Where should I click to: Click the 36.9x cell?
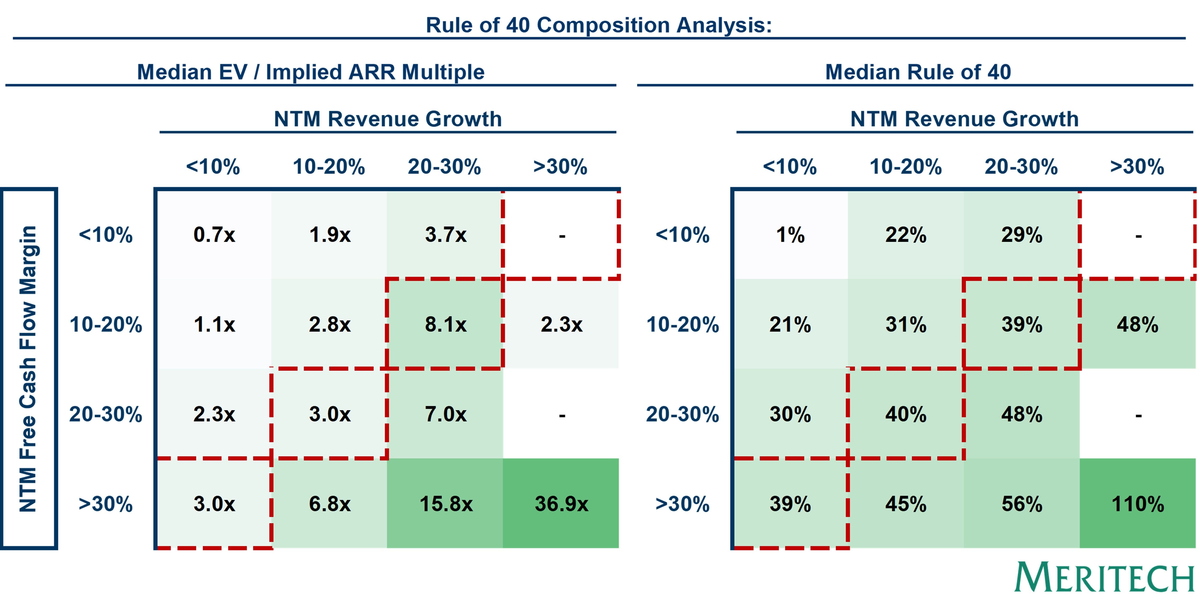click(x=561, y=504)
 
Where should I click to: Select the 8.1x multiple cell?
click(x=445, y=324)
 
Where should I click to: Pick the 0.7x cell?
click(x=214, y=235)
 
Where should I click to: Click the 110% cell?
click(x=1137, y=504)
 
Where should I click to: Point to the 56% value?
click(x=1021, y=504)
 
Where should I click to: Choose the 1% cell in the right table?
click(x=790, y=235)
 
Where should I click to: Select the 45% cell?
click(x=906, y=504)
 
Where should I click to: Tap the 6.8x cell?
click(x=329, y=504)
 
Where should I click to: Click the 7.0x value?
click(x=445, y=414)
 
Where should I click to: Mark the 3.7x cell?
click(x=445, y=235)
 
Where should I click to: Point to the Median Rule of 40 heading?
click(x=918, y=72)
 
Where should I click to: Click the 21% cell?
click(x=790, y=324)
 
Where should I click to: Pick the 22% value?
click(x=906, y=235)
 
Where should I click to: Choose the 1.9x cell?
click(x=329, y=235)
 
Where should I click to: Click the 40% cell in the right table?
click(x=906, y=414)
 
